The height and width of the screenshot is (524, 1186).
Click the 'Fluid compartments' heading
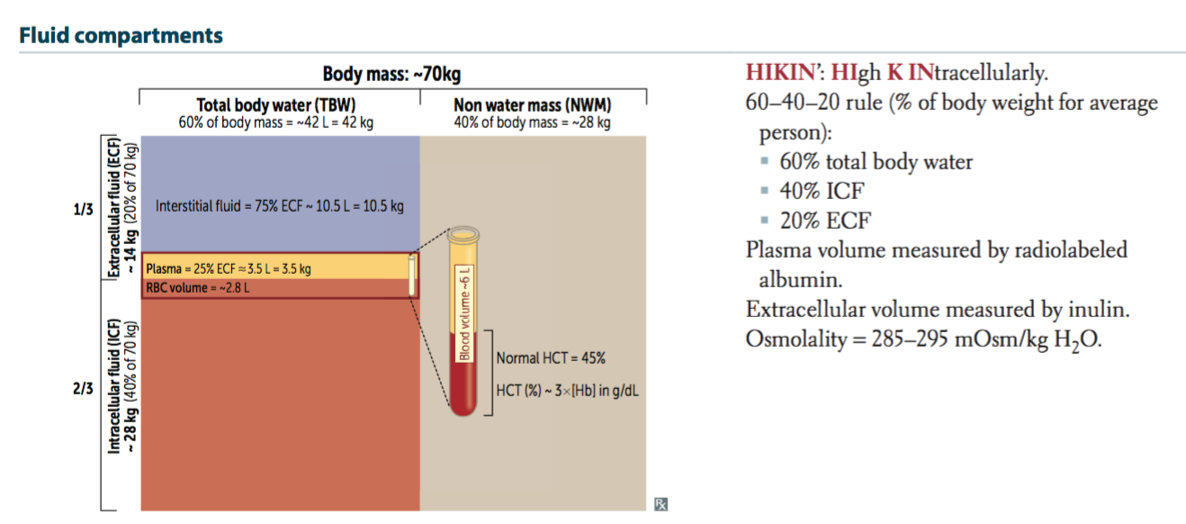121,35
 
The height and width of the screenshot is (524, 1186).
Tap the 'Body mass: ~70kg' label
391,74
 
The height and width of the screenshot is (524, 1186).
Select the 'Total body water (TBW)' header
276,105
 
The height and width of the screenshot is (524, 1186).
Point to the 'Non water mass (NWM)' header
532,105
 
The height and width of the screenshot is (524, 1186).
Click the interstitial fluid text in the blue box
280,205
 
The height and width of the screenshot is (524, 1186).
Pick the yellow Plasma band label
229,268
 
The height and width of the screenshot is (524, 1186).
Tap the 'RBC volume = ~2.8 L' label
197,288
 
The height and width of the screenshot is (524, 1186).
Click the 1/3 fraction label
83,209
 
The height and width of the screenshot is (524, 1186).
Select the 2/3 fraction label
83,388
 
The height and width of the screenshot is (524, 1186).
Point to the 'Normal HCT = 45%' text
551,358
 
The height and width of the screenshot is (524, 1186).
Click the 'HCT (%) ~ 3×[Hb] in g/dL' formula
567,391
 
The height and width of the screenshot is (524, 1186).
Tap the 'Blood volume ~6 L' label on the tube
464,313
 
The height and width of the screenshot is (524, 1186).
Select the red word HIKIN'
781,72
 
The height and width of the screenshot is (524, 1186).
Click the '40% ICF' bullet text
822,191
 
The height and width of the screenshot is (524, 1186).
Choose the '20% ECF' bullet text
825,221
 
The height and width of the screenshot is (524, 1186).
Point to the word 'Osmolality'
796,339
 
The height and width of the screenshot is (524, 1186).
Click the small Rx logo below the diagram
660,504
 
